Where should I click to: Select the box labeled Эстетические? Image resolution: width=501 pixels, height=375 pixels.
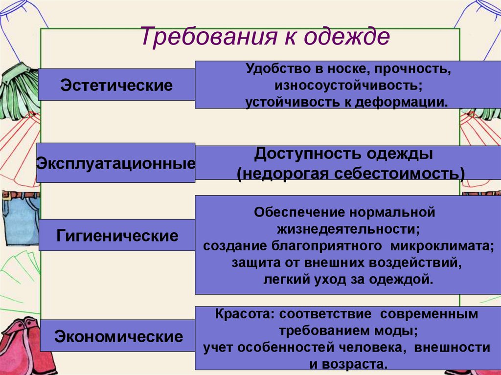point(116,85)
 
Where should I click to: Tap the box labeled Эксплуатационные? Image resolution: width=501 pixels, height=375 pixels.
point(115,163)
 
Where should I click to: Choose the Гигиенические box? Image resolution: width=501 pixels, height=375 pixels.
point(117,236)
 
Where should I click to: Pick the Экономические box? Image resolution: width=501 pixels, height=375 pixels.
point(118,336)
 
